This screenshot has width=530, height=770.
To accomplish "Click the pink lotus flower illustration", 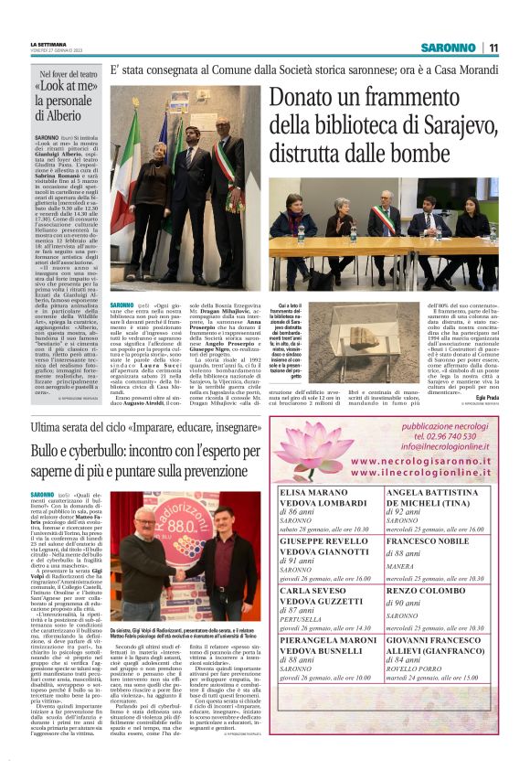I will [313, 447].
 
